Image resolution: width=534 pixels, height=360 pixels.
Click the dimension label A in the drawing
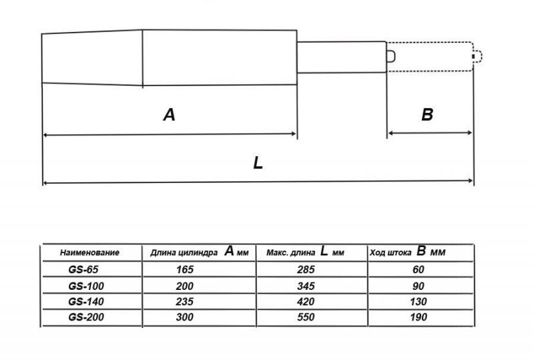pyautogui.click(x=170, y=115)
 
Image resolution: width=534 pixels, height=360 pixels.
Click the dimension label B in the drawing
pyautogui.click(x=427, y=115)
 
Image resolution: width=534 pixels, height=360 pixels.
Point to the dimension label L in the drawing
pyautogui.click(x=258, y=163)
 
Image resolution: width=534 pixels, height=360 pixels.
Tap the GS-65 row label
pyautogui.click(x=83, y=270)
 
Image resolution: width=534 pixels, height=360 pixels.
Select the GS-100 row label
pyautogui.click(x=86, y=286)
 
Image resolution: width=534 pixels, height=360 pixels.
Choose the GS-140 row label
pyautogui.click(x=86, y=302)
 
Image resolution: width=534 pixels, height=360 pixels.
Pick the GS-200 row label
pyautogui.click(x=86, y=317)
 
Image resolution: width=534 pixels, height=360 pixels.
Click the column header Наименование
pyautogui.click(x=89, y=252)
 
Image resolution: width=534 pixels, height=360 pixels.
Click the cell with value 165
pyautogui.click(x=185, y=270)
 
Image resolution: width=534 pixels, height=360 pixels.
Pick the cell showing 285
pyautogui.click(x=306, y=270)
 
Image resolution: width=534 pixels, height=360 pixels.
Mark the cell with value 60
pyautogui.click(x=419, y=270)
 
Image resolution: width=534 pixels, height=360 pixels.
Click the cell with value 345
pyautogui.click(x=306, y=286)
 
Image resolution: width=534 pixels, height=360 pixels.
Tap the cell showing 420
pyautogui.click(x=306, y=302)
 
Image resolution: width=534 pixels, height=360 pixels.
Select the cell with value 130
pyautogui.click(x=419, y=302)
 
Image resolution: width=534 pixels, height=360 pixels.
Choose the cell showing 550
pyautogui.click(x=306, y=317)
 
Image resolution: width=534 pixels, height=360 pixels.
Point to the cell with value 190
pyautogui.click(x=419, y=317)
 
